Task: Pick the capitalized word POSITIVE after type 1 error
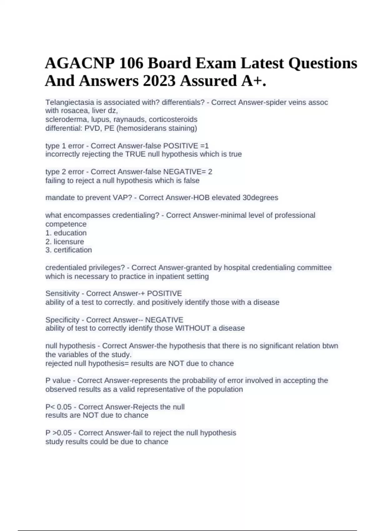(x=181, y=146)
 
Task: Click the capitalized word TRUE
(x=135, y=154)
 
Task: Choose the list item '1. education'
(x=66, y=233)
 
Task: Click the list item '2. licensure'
(x=65, y=242)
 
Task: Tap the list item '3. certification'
(x=69, y=250)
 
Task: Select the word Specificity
(x=62, y=320)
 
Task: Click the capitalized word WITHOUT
(x=192, y=328)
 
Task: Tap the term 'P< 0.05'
(x=58, y=407)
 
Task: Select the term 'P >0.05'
(x=58, y=433)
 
